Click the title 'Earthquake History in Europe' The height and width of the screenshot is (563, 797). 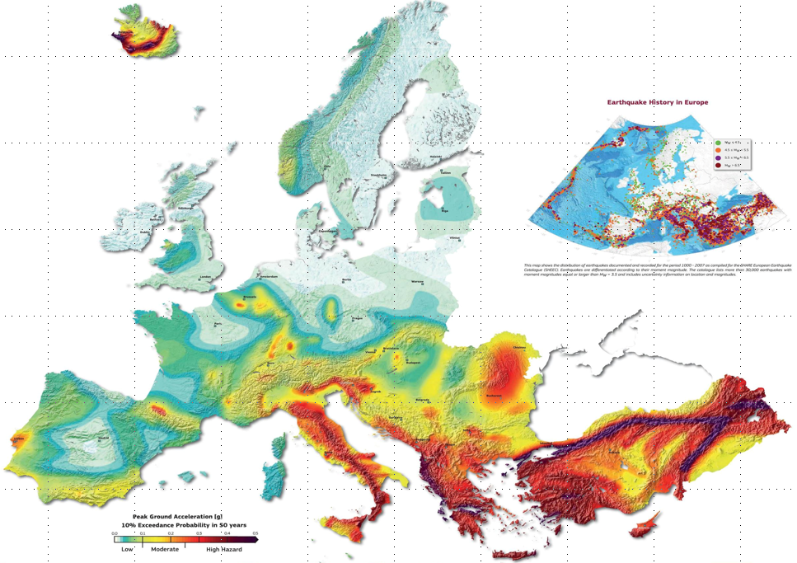pyautogui.click(x=657, y=102)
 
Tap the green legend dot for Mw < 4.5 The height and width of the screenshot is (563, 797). pyautogui.click(x=718, y=142)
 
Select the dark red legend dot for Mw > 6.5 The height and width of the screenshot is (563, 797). pyautogui.click(x=718, y=166)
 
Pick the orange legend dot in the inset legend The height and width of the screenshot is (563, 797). pyautogui.click(x=718, y=150)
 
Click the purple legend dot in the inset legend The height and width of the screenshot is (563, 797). pyautogui.click(x=718, y=157)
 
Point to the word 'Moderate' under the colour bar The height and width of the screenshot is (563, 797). pyautogui.click(x=164, y=548)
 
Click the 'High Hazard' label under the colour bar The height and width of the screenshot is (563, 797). pyautogui.click(x=224, y=548)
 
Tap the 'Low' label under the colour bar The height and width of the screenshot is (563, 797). pyautogui.click(x=127, y=548)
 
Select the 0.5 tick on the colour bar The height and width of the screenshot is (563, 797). pyautogui.click(x=256, y=534)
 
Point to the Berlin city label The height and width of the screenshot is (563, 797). pyautogui.click(x=346, y=280)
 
